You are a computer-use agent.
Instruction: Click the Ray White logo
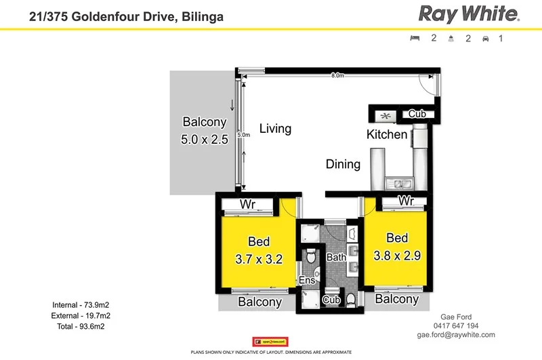(468, 13)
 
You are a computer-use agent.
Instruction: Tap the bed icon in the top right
(415, 39)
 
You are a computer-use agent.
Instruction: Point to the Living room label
(275, 129)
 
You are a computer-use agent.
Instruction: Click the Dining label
(343, 163)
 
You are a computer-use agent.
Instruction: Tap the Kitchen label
(387, 134)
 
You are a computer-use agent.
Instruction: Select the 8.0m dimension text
(337, 76)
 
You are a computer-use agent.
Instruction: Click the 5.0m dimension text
(244, 135)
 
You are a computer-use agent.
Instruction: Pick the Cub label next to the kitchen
(417, 114)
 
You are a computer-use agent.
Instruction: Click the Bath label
(337, 257)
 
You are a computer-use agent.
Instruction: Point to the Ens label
(306, 280)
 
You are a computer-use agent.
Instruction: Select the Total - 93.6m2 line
(82, 326)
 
